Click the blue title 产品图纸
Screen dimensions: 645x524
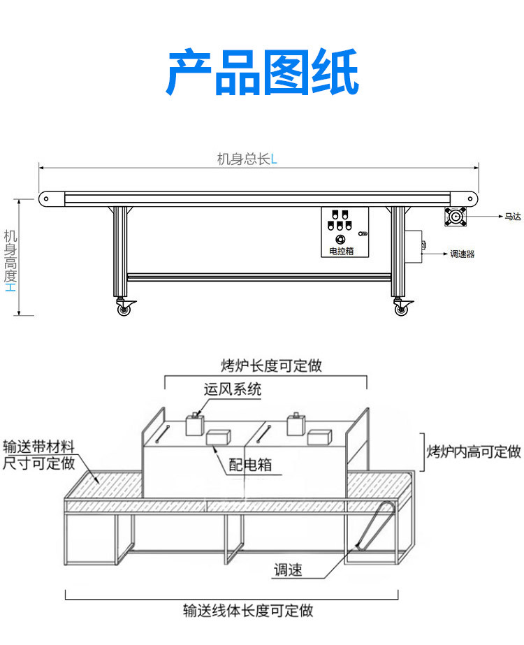[x=262, y=73]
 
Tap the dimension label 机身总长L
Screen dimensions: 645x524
[x=247, y=159]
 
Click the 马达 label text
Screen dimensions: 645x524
[x=513, y=217]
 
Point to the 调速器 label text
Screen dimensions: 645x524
[x=463, y=254]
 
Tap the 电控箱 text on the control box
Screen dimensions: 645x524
[x=340, y=250]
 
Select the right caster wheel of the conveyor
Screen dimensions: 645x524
[x=401, y=308]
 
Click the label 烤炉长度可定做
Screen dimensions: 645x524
[x=271, y=365]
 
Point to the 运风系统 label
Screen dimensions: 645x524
[x=233, y=389]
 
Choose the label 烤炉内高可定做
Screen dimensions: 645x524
[x=474, y=451]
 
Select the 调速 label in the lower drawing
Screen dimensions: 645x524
[x=288, y=570]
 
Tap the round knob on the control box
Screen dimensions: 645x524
[x=340, y=239]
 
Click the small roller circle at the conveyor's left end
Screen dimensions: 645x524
[x=46, y=198]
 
